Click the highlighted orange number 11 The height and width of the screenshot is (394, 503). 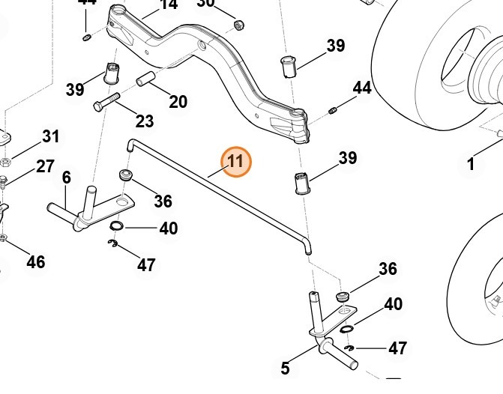pos(235,162)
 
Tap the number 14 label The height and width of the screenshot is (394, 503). pos(169,4)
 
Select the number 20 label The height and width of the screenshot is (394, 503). pos(178,101)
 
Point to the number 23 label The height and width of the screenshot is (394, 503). pos(145,121)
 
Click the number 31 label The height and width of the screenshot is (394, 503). pos(50,136)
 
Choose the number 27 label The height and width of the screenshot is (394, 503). pos(45,166)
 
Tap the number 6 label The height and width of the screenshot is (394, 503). pos(66,178)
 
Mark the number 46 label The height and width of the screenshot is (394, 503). pos(35,261)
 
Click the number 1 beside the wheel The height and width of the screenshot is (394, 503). pos(471,164)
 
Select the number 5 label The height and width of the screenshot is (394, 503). pos(285,368)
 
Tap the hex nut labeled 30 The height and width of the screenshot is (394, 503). pos(239,25)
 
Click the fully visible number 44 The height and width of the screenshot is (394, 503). pos(362,88)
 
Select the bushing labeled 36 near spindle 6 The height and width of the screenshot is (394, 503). pos(125,176)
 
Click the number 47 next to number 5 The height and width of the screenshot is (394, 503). pos(397,348)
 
